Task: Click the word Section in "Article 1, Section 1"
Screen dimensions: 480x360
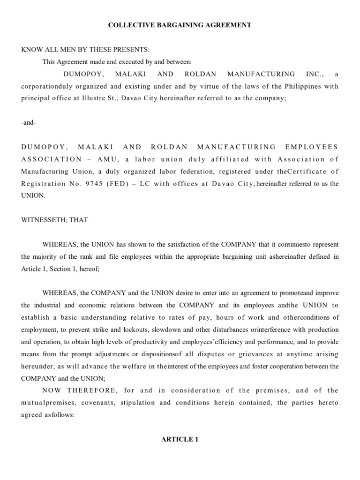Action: tap(61, 269)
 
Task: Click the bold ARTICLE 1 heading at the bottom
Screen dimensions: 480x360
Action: tap(177, 440)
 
